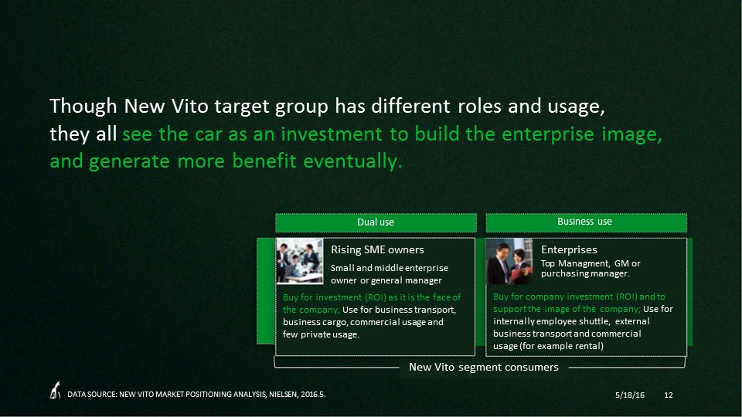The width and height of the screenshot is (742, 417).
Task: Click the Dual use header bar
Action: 376,222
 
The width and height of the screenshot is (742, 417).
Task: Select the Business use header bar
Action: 586,222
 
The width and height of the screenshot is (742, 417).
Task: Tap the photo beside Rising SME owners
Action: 300,261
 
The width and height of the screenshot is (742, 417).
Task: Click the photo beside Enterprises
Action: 509,261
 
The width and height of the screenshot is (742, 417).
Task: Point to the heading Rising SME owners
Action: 377,249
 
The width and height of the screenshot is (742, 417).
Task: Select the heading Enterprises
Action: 569,249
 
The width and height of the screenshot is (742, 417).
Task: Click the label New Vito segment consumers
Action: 484,368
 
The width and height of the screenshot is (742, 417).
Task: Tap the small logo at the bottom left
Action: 56,391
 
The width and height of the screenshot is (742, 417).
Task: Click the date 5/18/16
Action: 630,395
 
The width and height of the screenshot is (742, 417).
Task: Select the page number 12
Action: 668,395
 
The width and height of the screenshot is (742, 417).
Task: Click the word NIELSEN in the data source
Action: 283,395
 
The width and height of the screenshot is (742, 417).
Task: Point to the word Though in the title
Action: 83,107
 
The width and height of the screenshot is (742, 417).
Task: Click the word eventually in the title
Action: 352,161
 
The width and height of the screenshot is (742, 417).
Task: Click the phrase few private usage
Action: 321,334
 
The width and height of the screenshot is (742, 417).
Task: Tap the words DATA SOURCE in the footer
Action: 92,395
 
